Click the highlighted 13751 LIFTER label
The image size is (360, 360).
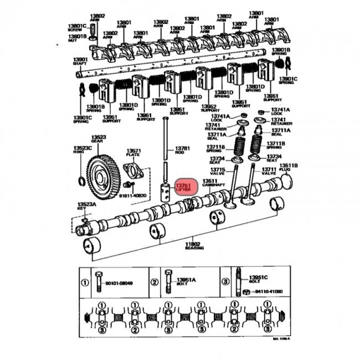[x=183, y=188]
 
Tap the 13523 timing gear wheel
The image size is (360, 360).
[x=104, y=176]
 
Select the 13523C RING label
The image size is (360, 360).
[x=81, y=151]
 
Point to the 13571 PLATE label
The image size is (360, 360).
[x=133, y=153]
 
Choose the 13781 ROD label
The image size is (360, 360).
[x=182, y=151]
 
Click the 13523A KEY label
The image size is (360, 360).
[x=86, y=206]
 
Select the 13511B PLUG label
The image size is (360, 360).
[x=288, y=168]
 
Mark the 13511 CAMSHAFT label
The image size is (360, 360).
[x=209, y=184]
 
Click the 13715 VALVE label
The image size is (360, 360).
[x=217, y=172]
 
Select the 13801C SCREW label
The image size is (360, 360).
[x=78, y=28]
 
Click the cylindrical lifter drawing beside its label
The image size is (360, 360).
[x=165, y=190]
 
